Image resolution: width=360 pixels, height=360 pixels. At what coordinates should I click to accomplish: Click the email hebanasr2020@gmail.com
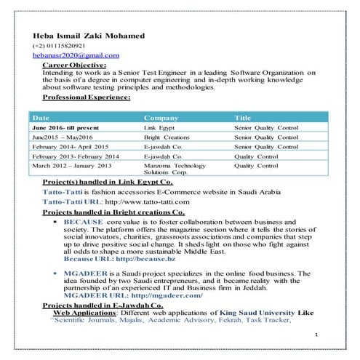pyautogui.click(x=75, y=55)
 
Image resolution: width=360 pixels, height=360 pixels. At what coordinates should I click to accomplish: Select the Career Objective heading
pyautogui.click(x=75, y=65)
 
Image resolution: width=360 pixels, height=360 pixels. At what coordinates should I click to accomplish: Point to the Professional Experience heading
pyautogui.click(x=87, y=97)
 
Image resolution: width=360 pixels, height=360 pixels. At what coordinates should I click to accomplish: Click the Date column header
pyautogui.click(x=41, y=117)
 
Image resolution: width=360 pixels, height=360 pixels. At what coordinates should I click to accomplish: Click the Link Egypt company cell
pyautogui.click(x=160, y=127)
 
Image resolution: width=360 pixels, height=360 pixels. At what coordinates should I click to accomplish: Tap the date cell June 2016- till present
pyautogui.click(x=67, y=127)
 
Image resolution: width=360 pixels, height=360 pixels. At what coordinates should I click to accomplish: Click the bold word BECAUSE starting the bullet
pyautogui.click(x=84, y=219)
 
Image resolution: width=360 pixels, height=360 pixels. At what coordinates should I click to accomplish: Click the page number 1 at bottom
pyautogui.click(x=318, y=334)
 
